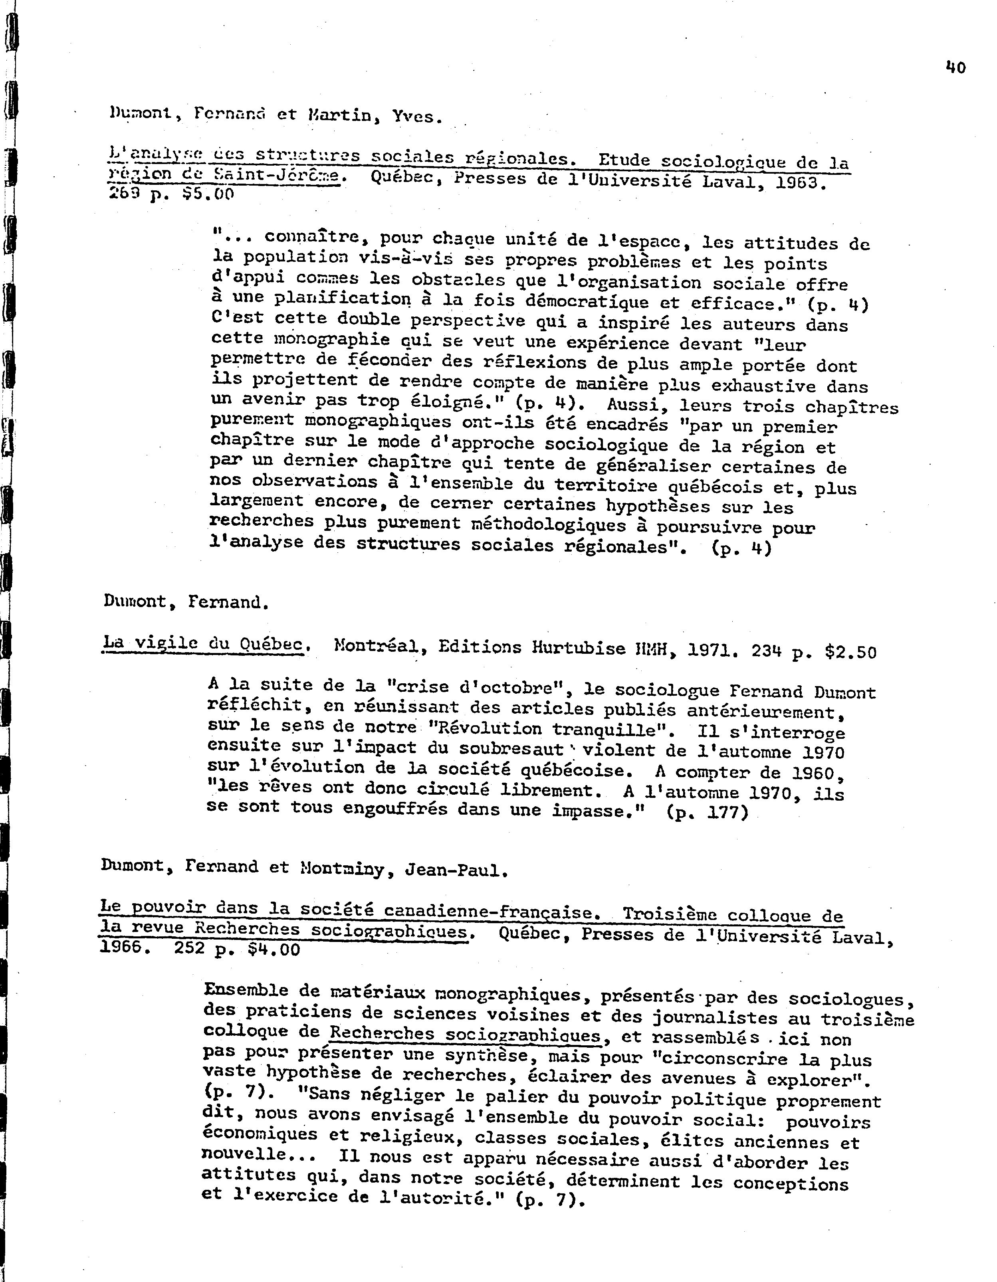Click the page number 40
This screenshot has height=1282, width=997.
pyautogui.click(x=956, y=67)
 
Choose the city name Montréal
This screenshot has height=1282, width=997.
pyautogui.click(x=377, y=646)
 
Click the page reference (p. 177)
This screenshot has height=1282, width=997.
pyautogui.click(x=708, y=813)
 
